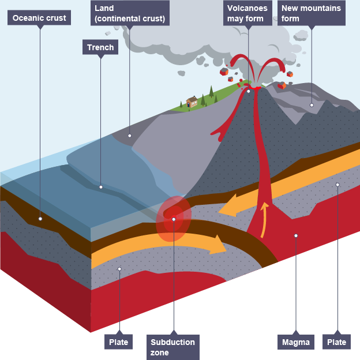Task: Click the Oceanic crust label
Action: point(39,18)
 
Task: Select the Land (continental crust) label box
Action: point(130,13)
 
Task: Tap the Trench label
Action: point(100,47)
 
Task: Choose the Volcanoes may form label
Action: point(247,13)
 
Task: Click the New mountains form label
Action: point(312,13)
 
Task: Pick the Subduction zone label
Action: point(173,347)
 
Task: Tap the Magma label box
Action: point(296,342)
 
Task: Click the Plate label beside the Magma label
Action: point(336,342)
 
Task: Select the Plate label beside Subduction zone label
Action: point(118,342)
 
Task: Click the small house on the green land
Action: point(192,102)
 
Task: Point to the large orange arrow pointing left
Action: point(239,206)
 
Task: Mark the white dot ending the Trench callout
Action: point(101,187)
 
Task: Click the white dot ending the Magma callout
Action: point(296,235)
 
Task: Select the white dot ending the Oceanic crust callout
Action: point(40,219)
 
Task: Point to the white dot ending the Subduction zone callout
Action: point(174,219)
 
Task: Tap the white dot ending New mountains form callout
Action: point(312,105)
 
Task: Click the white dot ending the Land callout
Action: point(129,136)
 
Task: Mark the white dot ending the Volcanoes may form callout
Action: point(248,91)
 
